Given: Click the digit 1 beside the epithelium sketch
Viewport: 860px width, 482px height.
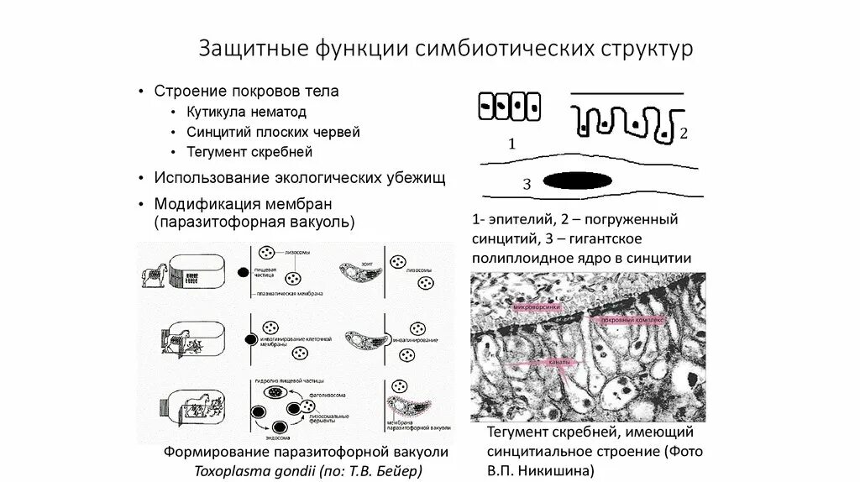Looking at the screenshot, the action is (512, 144).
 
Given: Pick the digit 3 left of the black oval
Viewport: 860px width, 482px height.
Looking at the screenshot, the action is (527, 184).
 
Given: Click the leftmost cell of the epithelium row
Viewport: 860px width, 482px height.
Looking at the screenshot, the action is (485, 106).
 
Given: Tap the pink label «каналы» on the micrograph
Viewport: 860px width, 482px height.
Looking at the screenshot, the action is (559, 363).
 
